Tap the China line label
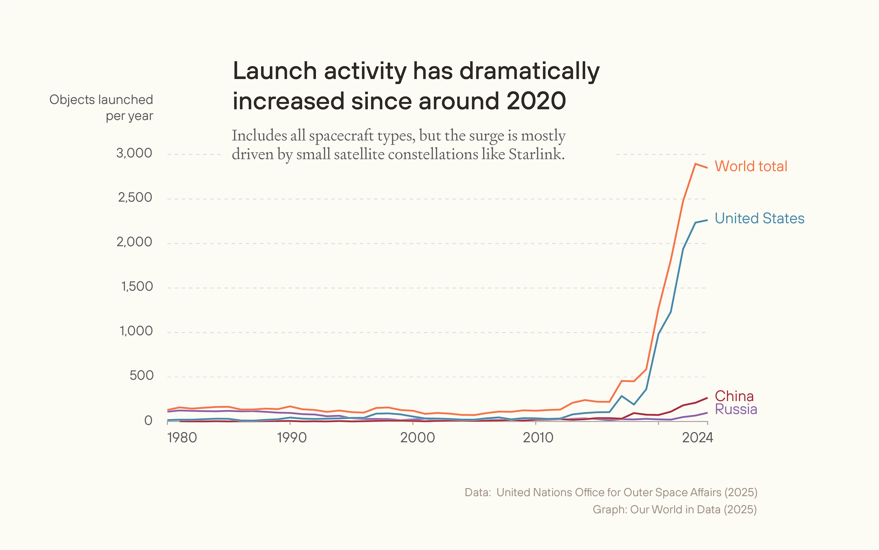pos(734,396)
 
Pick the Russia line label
pos(736,409)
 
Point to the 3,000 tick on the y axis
pos(134,153)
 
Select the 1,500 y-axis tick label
pos(137,287)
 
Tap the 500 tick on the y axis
pos(141,375)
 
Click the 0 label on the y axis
pos(148,420)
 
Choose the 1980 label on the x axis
pos(182,438)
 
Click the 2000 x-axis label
pos(417,438)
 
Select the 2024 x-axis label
pos(697,438)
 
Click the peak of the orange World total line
pos(695,164)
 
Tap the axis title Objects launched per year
pos(101,108)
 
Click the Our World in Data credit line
pos(675,509)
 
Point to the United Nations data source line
pos(611,492)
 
